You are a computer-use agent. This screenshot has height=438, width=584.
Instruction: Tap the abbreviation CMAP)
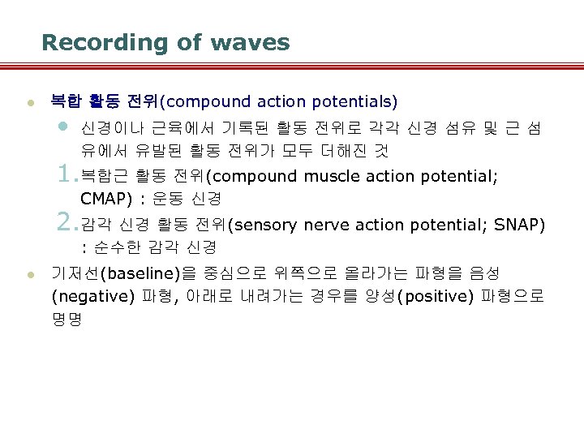pyautogui.click(x=106, y=199)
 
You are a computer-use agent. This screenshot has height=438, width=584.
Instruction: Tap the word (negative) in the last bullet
pyautogui.click(x=92, y=296)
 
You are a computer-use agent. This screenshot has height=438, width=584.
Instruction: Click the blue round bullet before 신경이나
pyautogui.click(x=64, y=127)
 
